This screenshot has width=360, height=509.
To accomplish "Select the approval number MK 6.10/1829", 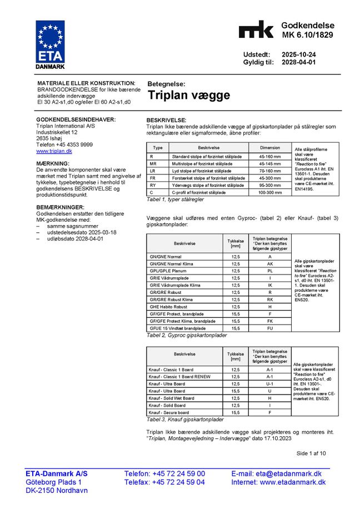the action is pos(307,35).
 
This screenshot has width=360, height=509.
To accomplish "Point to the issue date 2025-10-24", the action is pos(298,54).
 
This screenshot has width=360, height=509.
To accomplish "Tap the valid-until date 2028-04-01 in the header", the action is pos(298,63).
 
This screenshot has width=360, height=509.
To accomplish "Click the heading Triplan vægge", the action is pos(188,95).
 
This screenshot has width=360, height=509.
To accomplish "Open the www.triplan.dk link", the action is pos(54,151).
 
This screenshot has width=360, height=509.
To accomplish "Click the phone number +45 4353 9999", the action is pos(64,144).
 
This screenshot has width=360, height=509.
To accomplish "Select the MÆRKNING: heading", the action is pos(53,163).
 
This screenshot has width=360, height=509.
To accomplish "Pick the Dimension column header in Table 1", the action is pos(270,148).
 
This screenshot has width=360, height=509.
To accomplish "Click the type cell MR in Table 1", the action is pos(153,164).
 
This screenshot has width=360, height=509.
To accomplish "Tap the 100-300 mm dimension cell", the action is pos(270,192).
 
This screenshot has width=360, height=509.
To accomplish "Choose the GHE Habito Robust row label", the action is pos(169,307).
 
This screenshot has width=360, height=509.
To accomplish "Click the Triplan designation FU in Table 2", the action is pos(269,328).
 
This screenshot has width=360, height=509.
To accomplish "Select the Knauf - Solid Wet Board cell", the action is pos(172,398).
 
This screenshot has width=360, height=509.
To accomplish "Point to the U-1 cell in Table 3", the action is pos(269,384).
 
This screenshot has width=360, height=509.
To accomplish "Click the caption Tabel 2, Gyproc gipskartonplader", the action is pos(187,336).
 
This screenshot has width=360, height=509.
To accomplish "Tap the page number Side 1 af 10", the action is pos(311,453).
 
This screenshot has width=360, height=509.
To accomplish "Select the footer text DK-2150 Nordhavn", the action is pos(57,491).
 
